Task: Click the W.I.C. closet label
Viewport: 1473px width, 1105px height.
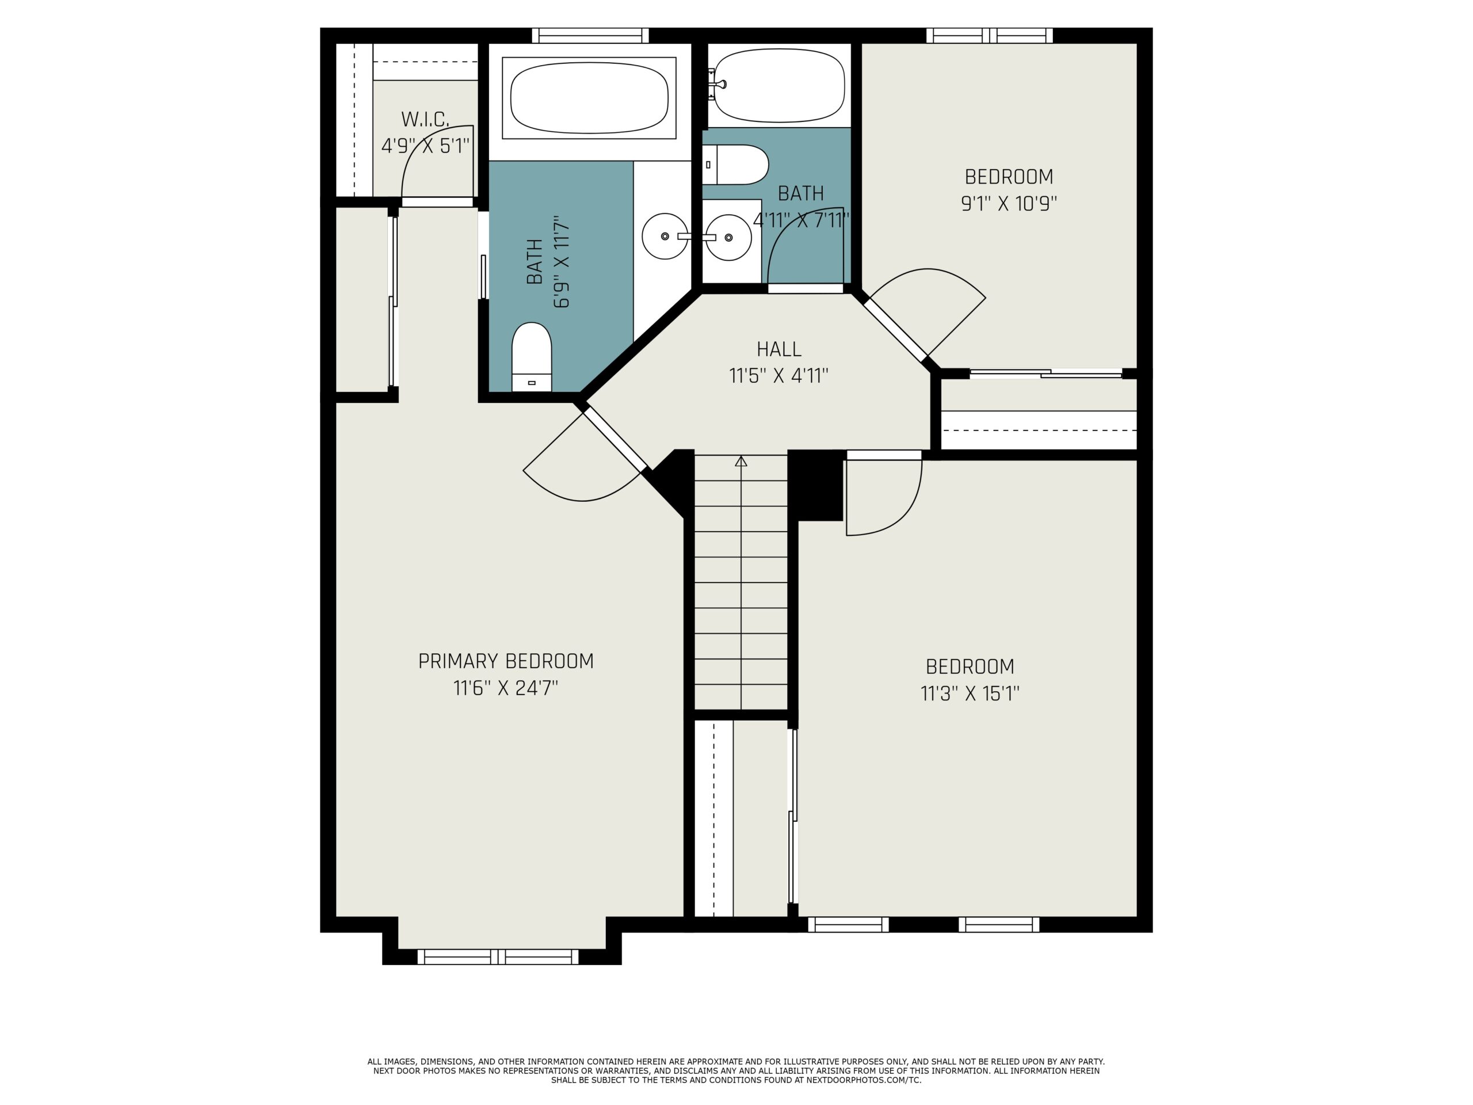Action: [x=425, y=120]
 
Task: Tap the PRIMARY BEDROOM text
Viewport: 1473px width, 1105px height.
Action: [x=505, y=661]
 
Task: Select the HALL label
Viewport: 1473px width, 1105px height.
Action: [x=779, y=349]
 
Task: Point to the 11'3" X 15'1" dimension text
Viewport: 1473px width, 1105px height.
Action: [x=970, y=694]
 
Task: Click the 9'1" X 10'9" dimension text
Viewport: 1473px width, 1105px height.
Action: [x=1008, y=203]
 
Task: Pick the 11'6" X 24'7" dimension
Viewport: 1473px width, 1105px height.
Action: [x=505, y=687]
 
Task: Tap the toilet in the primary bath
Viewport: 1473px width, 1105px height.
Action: [x=532, y=357]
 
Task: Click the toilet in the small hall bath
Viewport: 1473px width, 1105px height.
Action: [x=735, y=165]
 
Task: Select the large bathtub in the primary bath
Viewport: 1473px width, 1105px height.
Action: [x=589, y=98]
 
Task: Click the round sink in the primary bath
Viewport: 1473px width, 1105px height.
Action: [x=665, y=237]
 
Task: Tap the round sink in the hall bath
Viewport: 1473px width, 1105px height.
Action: [x=728, y=238]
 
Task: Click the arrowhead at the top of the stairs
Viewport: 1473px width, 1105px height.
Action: [x=741, y=461]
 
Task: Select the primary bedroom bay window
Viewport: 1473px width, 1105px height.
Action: [x=498, y=957]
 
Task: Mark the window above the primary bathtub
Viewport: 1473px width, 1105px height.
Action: [x=590, y=35]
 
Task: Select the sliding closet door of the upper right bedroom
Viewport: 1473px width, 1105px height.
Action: [x=1045, y=374]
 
